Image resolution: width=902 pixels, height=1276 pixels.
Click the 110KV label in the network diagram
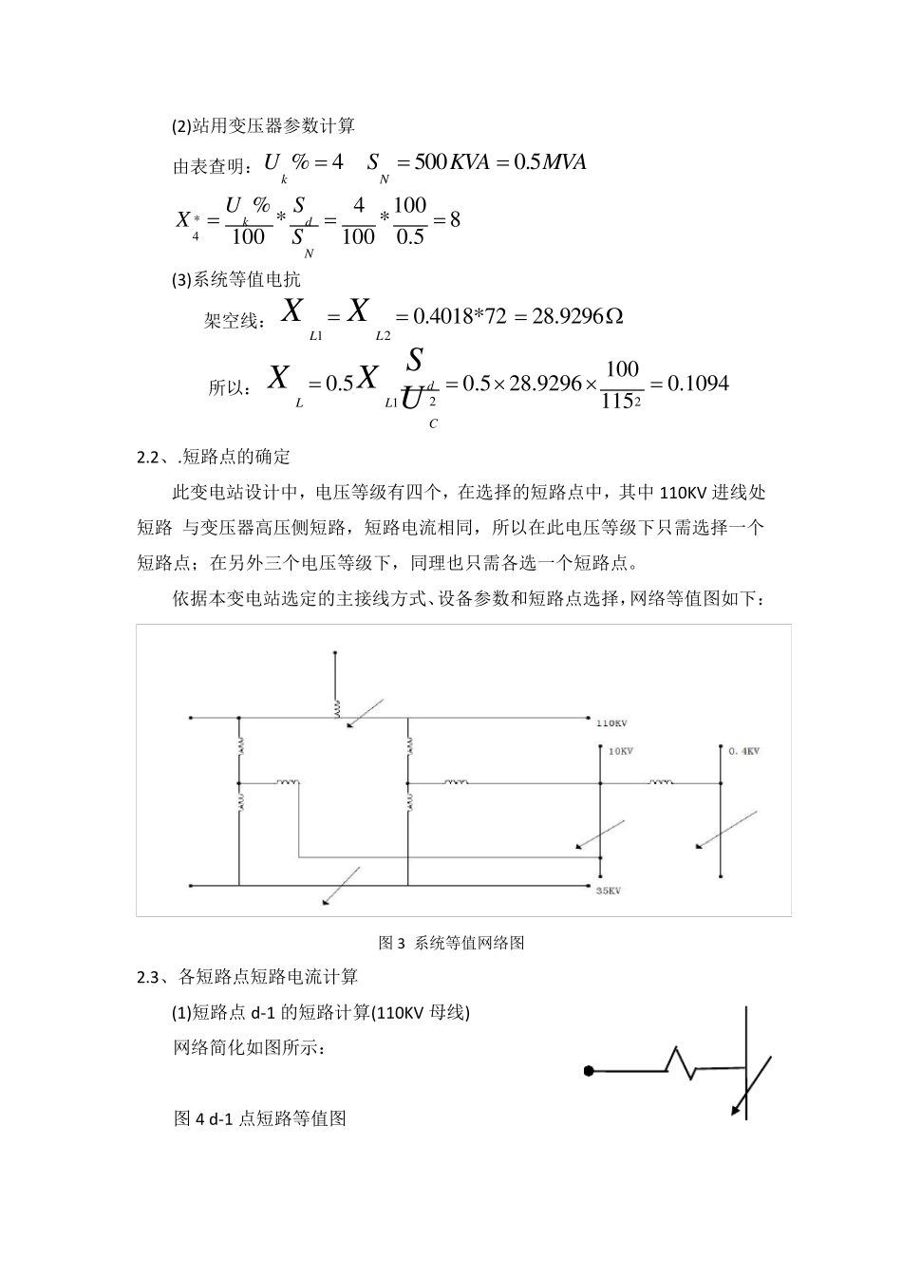[611, 723]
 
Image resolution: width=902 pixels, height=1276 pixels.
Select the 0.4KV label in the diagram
[744, 751]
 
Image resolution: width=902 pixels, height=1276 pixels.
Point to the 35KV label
[608, 891]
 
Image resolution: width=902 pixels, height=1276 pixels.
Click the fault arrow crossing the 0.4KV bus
[726, 829]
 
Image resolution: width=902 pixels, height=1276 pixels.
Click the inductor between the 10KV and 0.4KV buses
[662, 782]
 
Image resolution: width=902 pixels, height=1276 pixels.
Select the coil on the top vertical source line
[335, 707]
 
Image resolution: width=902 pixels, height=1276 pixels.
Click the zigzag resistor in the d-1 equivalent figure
[682, 1062]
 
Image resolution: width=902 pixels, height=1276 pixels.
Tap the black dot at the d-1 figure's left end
[589, 1071]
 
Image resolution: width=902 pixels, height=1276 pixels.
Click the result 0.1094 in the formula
[698, 383]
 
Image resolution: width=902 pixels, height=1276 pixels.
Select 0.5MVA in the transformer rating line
[550, 161]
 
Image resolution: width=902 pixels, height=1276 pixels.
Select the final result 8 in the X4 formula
[455, 219]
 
